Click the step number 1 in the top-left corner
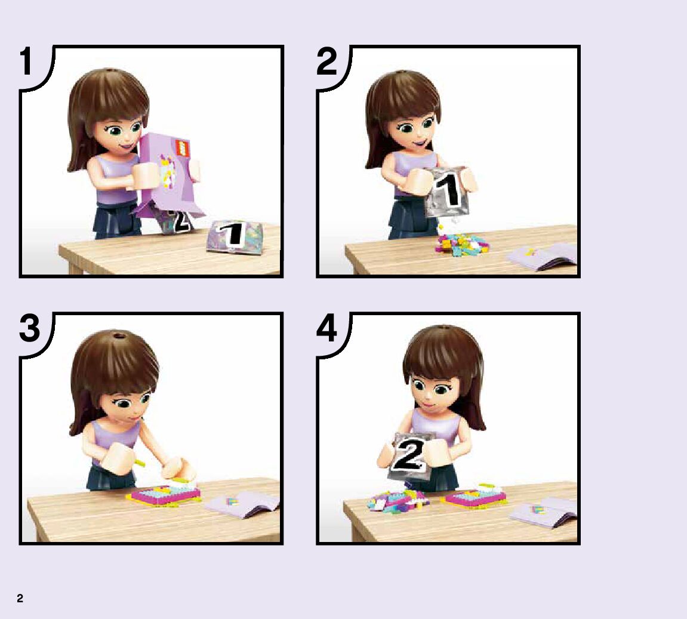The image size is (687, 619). coord(26,61)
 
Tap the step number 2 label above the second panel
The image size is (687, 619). coord(327,61)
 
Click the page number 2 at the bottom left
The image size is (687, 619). coord(20,599)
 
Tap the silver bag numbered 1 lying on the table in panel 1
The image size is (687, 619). coord(235,236)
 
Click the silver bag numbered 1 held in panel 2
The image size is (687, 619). coord(447,192)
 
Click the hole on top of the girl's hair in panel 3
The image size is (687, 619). coord(118,337)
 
